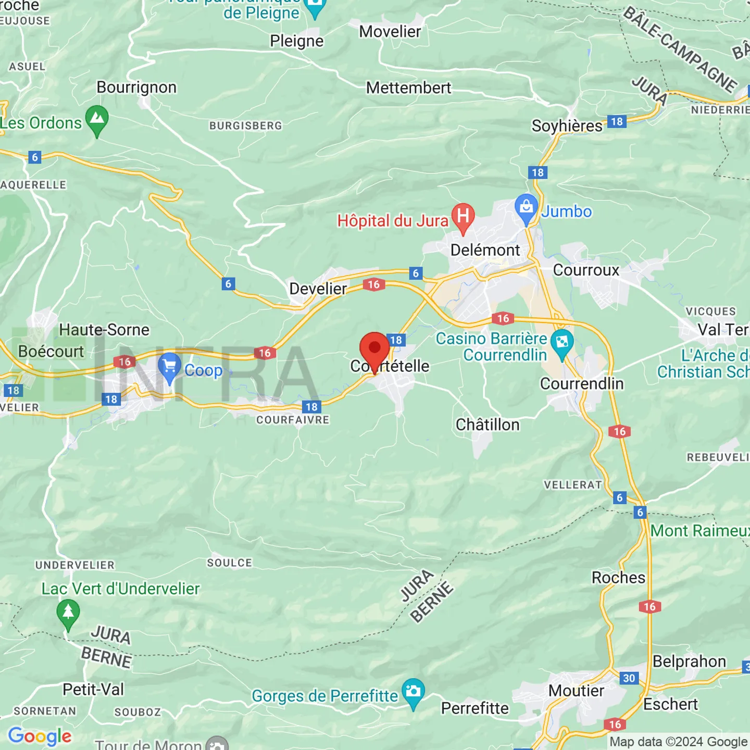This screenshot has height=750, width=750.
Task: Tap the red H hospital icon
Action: tap(463, 216)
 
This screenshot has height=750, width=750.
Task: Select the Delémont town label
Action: tap(485, 250)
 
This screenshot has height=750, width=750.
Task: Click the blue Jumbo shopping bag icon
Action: tap(526, 207)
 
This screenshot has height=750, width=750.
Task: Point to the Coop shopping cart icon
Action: tap(169, 366)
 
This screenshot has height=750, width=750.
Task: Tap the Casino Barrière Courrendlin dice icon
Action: tap(562, 342)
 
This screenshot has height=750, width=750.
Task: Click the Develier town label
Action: tap(318, 289)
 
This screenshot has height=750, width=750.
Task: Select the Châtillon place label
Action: tap(488, 425)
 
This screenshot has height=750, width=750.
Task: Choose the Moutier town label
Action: tap(576, 691)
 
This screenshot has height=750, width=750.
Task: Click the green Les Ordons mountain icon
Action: tap(97, 119)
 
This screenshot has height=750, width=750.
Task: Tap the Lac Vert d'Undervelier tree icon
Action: tap(68, 612)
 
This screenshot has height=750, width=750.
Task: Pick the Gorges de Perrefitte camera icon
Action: tap(413, 692)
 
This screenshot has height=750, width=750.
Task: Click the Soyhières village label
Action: tap(567, 126)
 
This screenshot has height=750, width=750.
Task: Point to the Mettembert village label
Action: tap(408, 88)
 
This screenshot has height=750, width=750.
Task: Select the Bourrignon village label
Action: tap(136, 87)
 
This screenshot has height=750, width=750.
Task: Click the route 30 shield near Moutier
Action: tap(629, 678)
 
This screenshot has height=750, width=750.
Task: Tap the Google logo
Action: tap(40, 736)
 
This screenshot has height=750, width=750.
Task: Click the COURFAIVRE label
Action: tap(293, 420)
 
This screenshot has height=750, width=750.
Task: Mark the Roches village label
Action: tap(618, 578)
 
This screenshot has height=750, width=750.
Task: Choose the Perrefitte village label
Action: tap(474, 708)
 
